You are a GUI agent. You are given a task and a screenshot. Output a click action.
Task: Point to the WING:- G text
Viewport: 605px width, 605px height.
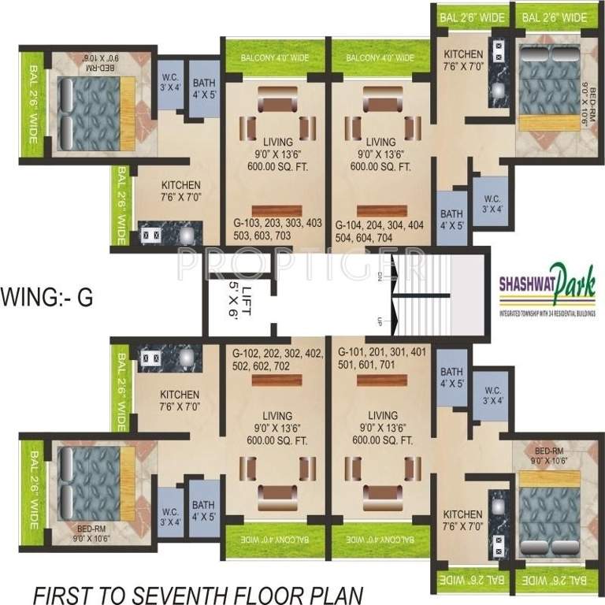(47, 299)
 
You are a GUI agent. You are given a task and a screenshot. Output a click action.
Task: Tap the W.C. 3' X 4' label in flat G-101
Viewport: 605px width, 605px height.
(494, 395)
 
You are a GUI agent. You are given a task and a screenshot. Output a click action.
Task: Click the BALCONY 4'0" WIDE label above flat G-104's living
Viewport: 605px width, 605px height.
(380, 58)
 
